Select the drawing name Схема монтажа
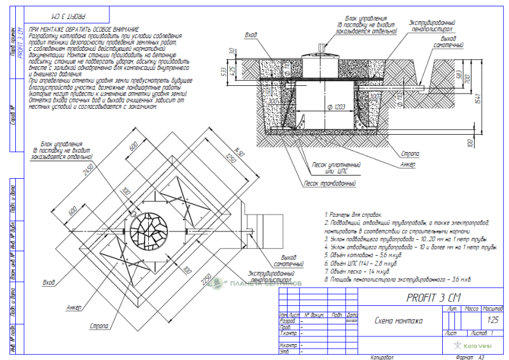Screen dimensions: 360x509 [x=399, y=321]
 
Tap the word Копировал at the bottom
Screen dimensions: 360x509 [x=382, y=357]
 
